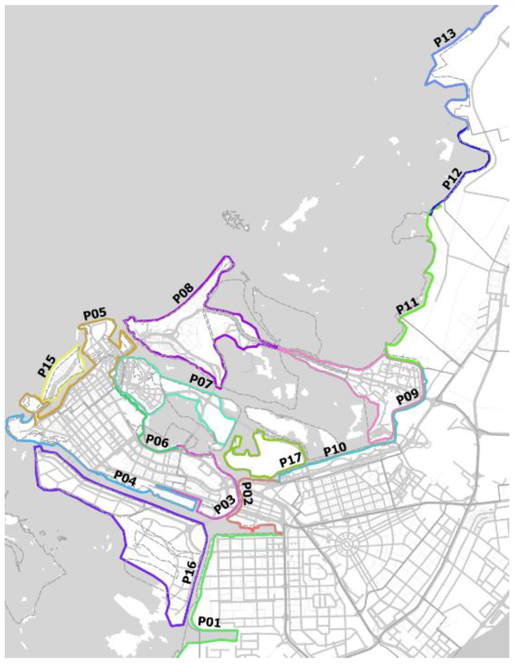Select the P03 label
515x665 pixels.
coord(225,504)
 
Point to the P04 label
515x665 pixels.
coord(125,478)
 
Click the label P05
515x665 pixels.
coord(95,314)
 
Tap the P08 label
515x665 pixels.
coord(184,293)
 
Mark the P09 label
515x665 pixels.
coord(407,397)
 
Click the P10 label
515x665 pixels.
coord(335,449)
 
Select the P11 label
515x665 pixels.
coord(407,306)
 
